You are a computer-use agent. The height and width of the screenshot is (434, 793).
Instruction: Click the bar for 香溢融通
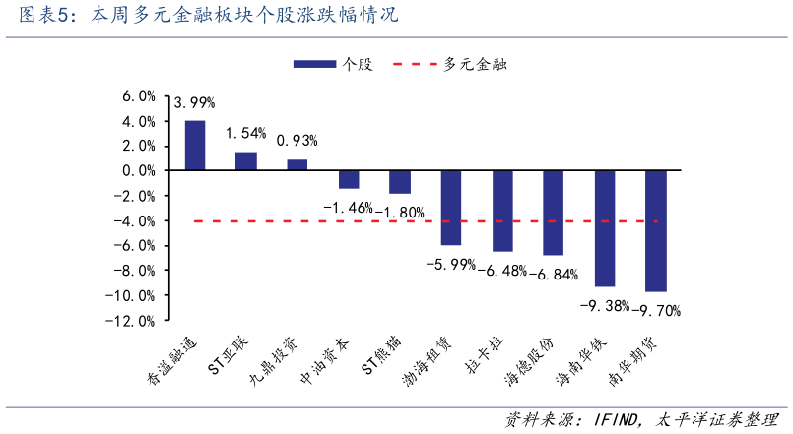(x=195, y=146)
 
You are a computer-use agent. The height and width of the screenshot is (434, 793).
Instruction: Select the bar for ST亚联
(x=246, y=161)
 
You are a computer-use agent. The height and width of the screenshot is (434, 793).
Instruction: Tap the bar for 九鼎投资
(x=297, y=165)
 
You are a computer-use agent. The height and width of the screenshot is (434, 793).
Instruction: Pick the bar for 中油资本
(x=349, y=179)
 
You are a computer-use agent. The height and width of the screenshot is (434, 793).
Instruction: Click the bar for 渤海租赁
(x=451, y=208)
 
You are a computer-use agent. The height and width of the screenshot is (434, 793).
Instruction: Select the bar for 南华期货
(x=656, y=230)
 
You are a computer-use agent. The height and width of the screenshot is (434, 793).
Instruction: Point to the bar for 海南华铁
(x=605, y=228)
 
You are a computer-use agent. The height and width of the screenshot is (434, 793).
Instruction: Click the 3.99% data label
(x=194, y=102)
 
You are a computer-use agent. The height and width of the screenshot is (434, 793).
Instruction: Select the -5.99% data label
(x=450, y=264)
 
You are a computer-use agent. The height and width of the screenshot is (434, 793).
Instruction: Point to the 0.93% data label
(x=297, y=141)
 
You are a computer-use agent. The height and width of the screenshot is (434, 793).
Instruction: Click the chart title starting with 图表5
(x=197, y=17)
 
